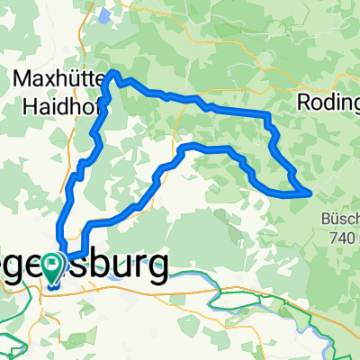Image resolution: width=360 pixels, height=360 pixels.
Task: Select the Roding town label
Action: coord(328,103)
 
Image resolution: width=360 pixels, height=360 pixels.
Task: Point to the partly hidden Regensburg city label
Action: coord(99,267)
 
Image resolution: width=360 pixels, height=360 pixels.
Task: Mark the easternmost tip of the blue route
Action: coord(311,192)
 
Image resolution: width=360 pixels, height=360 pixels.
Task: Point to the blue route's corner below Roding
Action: coord(267,114)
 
